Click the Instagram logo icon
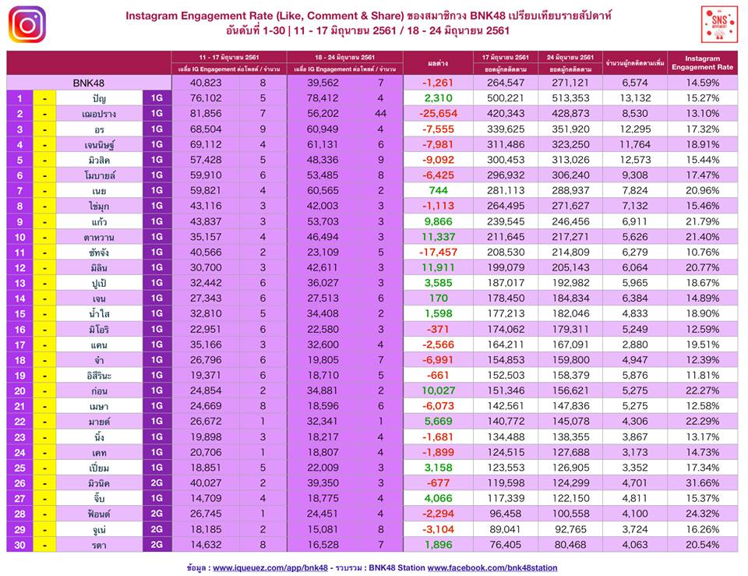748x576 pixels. pyautogui.click(x=26, y=24)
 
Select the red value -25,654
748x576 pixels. pyautogui.click(x=438, y=113)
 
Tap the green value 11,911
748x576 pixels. pyautogui.click(x=438, y=267)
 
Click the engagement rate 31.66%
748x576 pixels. pyautogui.click(x=703, y=482)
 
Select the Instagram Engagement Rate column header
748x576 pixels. pyautogui.click(x=703, y=62)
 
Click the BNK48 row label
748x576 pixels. pyautogui.click(x=89, y=83)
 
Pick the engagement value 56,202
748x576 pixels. pyautogui.click(x=321, y=113)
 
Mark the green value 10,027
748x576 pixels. pyautogui.click(x=438, y=390)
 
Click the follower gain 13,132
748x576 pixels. pyautogui.click(x=634, y=98)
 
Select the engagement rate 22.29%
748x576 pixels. pyautogui.click(x=703, y=421)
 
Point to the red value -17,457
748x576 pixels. pyautogui.click(x=438, y=252)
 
